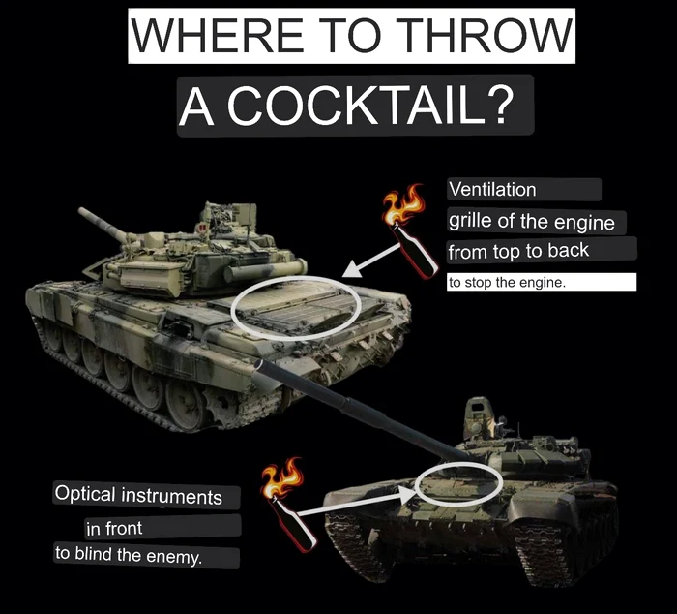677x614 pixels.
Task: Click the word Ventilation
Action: click(492, 190)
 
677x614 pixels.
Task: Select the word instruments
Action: click(172, 497)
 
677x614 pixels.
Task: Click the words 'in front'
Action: click(114, 528)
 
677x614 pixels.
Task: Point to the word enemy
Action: click(174, 557)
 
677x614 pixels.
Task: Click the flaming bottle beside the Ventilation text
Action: click(409, 231)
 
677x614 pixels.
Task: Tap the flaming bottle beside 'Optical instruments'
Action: click(288, 505)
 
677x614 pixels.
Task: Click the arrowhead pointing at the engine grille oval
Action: click(351, 270)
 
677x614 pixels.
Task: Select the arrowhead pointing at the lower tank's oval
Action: click(407, 494)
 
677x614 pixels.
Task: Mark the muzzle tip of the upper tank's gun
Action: click(80, 210)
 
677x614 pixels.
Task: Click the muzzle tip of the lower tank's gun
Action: click(258, 364)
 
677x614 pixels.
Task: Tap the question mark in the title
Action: click(501, 106)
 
